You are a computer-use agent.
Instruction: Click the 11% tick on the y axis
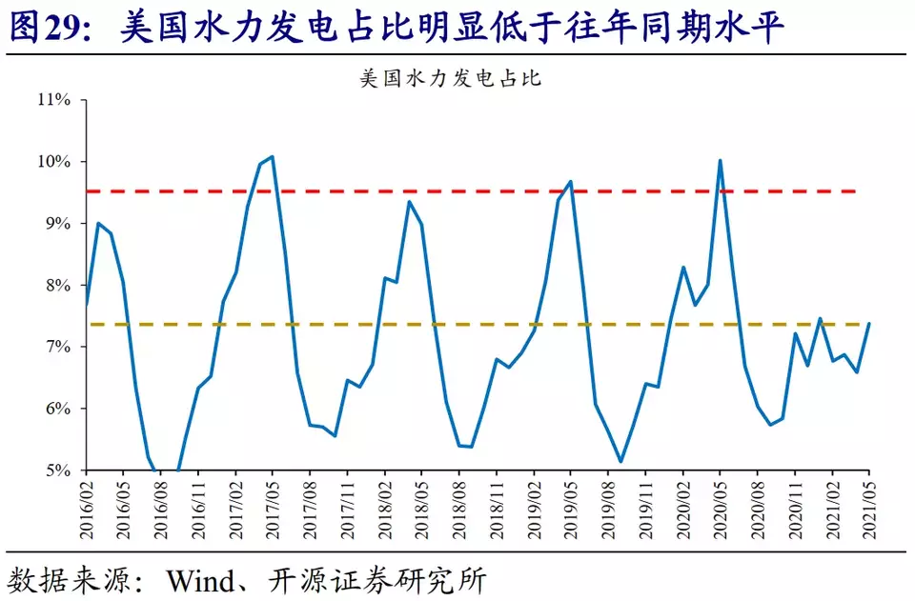pyautogui.click(x=55, y=100)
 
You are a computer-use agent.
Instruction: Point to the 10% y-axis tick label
pyautogui.click(x=55, y=162)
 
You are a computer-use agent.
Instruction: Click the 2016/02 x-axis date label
pyautogui.click(x=87, y=509)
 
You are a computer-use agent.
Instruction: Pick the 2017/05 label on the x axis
pyautogui.click(x=273, y=509)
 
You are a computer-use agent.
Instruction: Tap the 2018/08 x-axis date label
pyautogui.click(x=459, y=509)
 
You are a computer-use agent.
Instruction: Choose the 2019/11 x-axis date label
pyautogui.click(x=645, y=509)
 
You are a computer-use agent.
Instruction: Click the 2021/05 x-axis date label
pyautogui.click(x=869, y=509)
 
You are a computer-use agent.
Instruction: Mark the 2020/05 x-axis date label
pyautogui.click(x=720, y=509)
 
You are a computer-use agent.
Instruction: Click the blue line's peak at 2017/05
pyautogui.click(x=273, y=156)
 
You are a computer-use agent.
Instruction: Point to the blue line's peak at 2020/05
pyautogui.click(x=720, y=160)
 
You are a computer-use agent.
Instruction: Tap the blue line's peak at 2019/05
pyautogui.click(x=570, y=181)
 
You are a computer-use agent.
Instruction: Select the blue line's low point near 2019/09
pyautogui.click(x=620, y=462)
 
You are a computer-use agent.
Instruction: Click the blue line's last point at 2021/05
pyautogui.click(x=869, y=324)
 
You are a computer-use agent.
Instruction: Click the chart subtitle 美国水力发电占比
pyautogui.click(x=450, y=78)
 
